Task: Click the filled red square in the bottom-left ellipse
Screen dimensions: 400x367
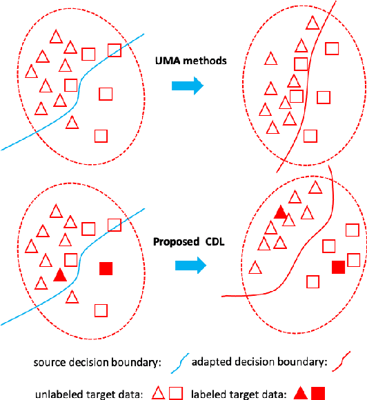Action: [x=106, y=268]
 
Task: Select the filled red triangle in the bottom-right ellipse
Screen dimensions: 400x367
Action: [x=280, y=212]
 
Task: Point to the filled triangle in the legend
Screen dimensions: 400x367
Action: [x=301, y=393]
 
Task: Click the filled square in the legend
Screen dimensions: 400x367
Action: [x=317, y=393]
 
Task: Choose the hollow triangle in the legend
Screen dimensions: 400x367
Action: [x=158, y=393]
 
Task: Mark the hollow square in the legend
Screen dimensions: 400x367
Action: [x=176, y=393]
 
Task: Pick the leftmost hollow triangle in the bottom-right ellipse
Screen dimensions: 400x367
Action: [x=255, y=267]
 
